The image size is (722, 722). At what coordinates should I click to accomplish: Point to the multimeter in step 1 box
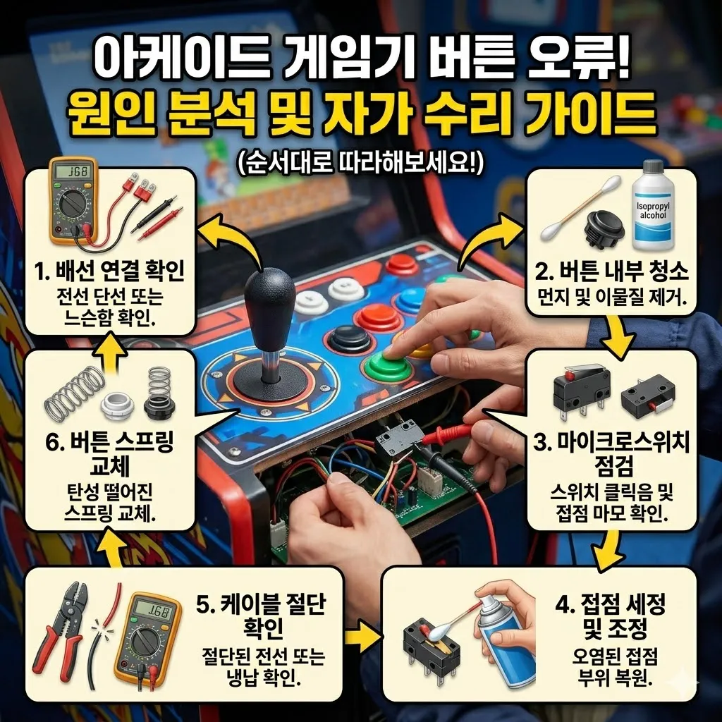[73, 200]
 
